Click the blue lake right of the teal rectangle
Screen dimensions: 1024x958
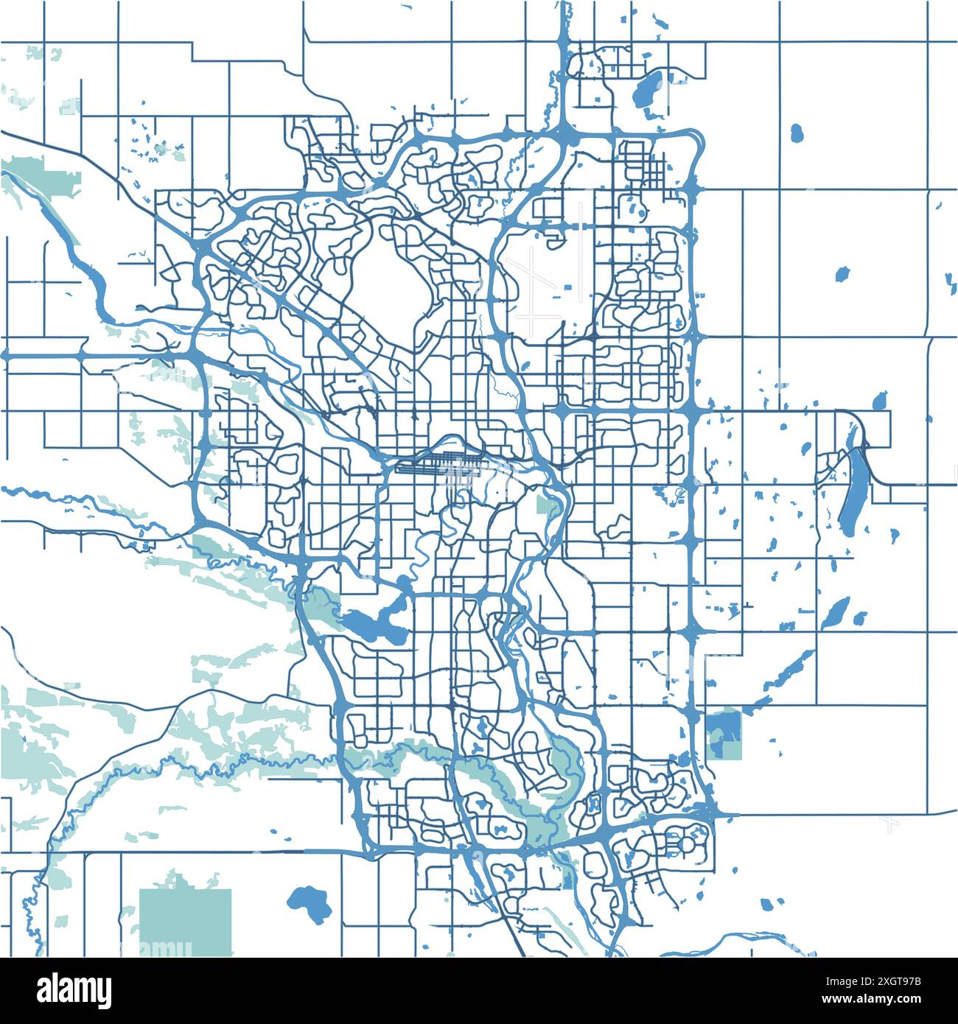point(307,903)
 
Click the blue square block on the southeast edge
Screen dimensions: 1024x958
point(723,733)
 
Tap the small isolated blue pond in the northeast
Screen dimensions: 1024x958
point(797,133)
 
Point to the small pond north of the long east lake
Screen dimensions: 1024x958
point(878,401)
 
